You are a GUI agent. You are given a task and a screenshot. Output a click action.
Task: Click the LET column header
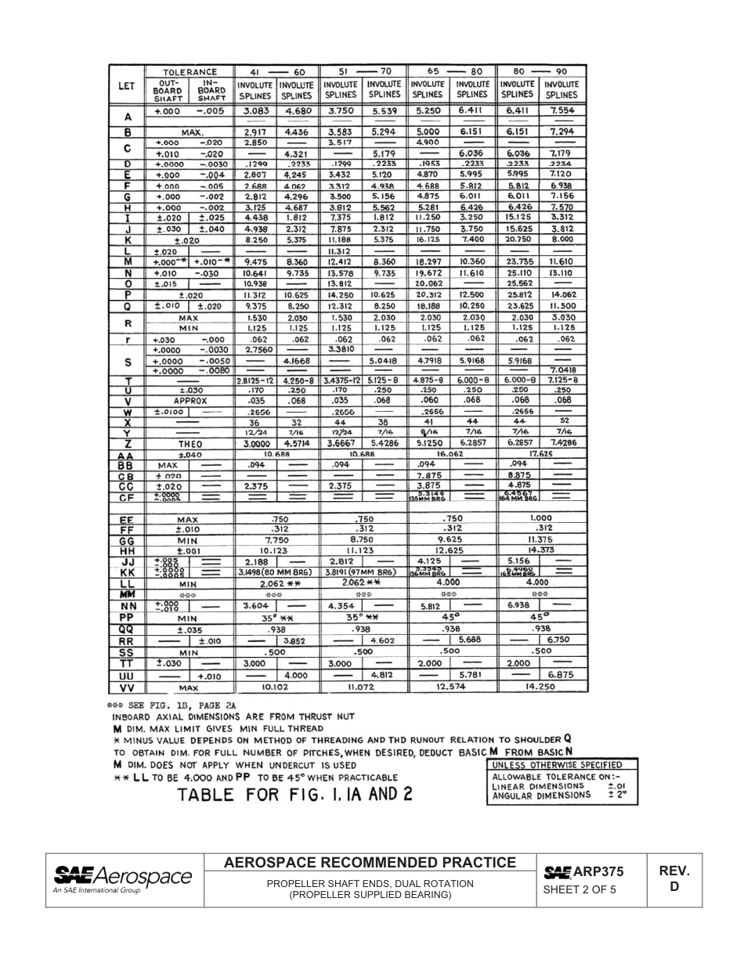(126, 86)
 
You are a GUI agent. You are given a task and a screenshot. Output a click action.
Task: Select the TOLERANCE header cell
(184, 71)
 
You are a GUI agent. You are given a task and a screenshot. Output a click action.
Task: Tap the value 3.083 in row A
(255, 111)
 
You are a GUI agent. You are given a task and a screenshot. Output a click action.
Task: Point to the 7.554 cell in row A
(562, 111)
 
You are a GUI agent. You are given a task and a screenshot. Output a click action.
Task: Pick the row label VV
(126, 687)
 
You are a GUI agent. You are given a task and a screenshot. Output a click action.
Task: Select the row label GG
(126, 541)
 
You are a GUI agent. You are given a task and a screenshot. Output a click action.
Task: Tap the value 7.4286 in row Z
(562, 443)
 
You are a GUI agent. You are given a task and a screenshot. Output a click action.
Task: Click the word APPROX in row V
(190, 401)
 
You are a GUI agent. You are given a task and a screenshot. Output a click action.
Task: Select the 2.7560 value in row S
(255, 350)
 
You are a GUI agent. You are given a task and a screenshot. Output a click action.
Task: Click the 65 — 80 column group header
(453, 71)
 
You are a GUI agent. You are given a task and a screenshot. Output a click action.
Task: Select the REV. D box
(674, 878)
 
